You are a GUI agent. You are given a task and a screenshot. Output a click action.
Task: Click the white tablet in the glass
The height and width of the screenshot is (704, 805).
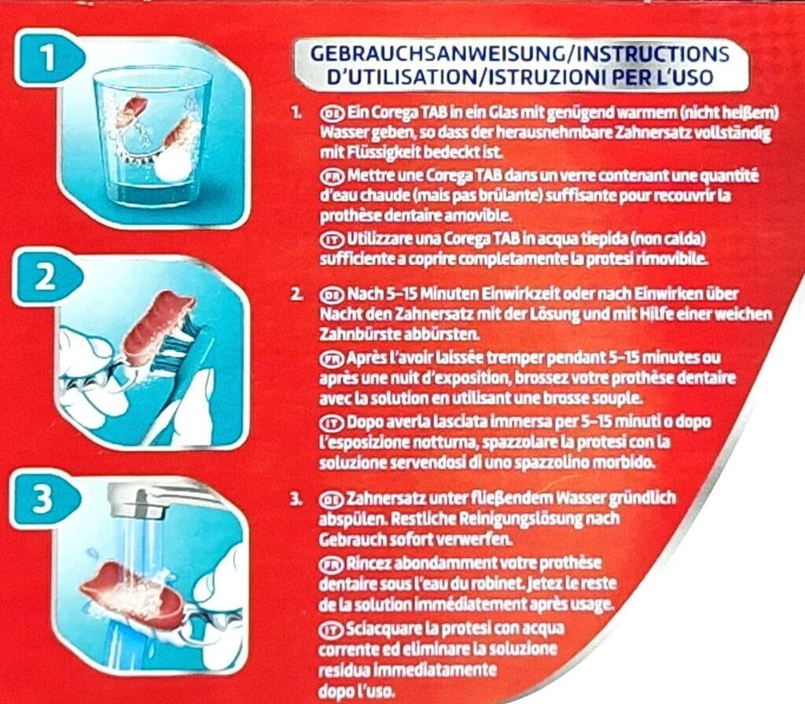click(x=174, y=166)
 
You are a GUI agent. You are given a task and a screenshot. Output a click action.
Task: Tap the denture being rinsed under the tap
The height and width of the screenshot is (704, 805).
click(x=134, y=591)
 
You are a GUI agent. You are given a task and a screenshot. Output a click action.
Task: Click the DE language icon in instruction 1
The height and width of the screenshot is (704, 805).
click(x=332, y=113)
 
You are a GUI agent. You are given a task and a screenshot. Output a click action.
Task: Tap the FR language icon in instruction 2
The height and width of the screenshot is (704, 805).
click(x=332, y=358)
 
